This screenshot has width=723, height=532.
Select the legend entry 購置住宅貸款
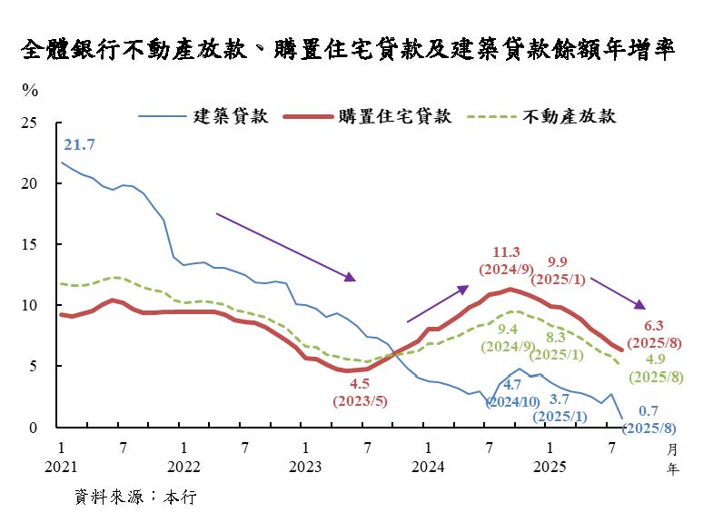(x=394, y=116)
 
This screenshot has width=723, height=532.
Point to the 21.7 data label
(x=79, y=145)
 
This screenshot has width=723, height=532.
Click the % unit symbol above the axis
(x=30, y=91)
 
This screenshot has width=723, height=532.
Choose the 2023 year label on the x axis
(x=305, y=467)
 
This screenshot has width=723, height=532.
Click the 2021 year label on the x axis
(x=60, y=467)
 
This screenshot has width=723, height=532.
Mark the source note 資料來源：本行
(x=135, y=498)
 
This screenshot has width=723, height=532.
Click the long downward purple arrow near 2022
(x=285, y=247)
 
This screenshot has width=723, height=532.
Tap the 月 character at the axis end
(x=672, y=449)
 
